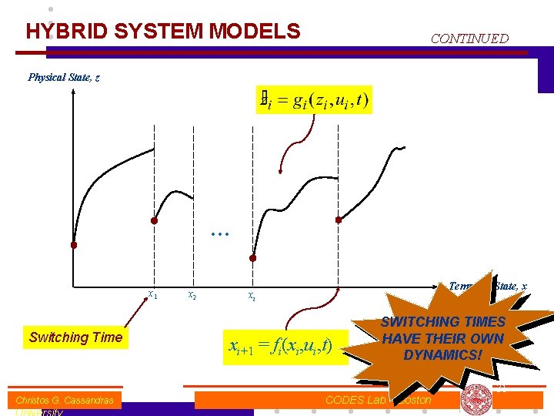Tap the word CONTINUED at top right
(469, 38)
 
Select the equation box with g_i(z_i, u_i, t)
(315, 99)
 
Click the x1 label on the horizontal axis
(152, 294)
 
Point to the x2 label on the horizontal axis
(192, 294)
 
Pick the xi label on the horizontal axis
(252, 295)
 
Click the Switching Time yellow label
(75, 337)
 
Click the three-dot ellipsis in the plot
(220, 232)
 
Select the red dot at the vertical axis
(74, 246)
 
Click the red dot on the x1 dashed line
(155, 220)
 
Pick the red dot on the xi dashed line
(252, 258)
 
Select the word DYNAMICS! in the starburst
(442, 355)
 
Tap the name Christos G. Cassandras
(65, 400)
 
